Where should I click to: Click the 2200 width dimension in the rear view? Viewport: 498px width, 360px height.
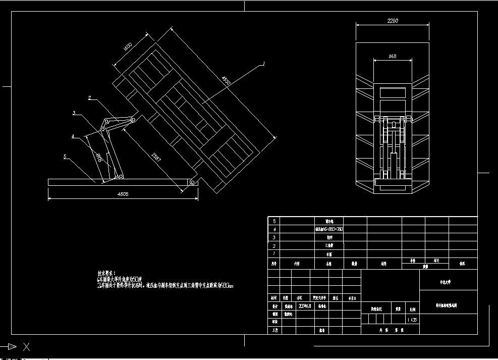pos(393,21)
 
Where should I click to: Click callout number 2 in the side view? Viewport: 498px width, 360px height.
pos(89,97)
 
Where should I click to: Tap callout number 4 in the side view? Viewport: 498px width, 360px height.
pos(73,136)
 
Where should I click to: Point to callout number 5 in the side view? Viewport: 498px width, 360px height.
pos(65,157)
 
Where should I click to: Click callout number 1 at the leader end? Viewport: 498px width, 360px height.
pos(263,64)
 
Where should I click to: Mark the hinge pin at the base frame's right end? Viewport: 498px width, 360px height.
pos(193,181)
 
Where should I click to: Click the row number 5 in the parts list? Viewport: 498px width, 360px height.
pos(274,221)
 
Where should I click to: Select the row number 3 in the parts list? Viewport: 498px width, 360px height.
pos(274,237)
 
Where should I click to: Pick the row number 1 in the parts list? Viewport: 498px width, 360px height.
pos(274,253)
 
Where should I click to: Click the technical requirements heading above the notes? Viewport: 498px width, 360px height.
pos(106,273)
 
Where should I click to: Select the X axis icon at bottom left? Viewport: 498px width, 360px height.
pos(27,347)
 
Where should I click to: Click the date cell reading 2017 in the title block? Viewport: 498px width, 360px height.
pos(306,306)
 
